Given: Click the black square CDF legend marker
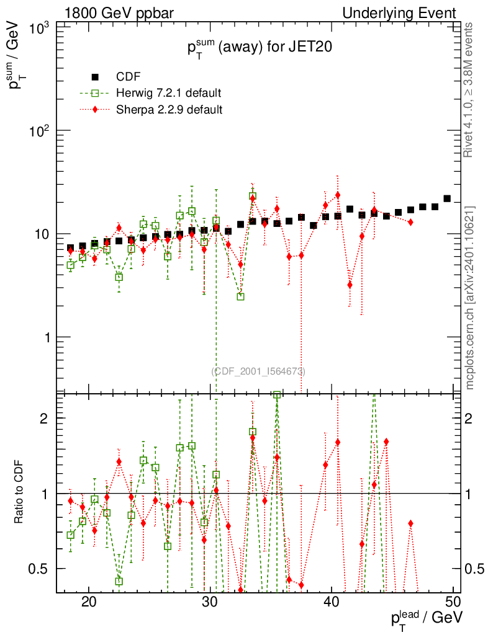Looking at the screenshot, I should click(96, 77).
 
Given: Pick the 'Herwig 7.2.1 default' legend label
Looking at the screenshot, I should click(169, 93).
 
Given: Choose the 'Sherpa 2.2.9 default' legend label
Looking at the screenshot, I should click(169, 110).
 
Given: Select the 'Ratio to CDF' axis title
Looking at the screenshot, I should click(20, 493).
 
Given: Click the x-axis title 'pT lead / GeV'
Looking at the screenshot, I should click(426, 618).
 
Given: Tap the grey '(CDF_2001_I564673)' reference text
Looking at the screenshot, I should click(259, 371).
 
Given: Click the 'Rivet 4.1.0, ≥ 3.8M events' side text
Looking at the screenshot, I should click(470, 90).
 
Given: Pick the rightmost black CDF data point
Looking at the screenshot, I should click(447, 198).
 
